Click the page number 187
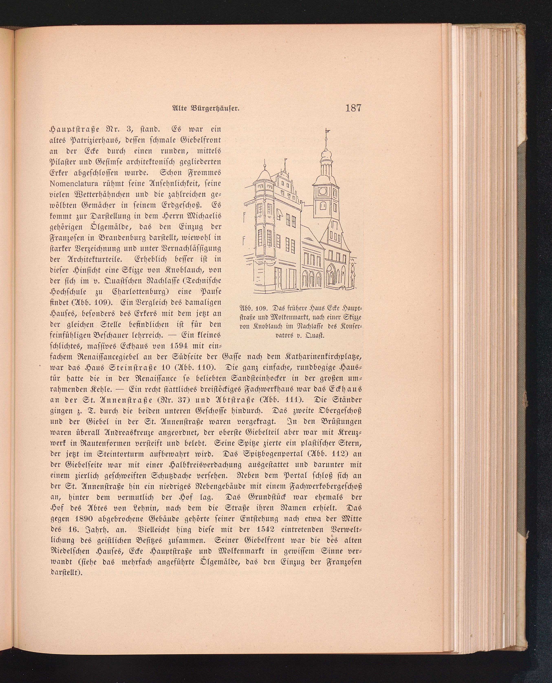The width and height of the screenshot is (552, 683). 353,108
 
